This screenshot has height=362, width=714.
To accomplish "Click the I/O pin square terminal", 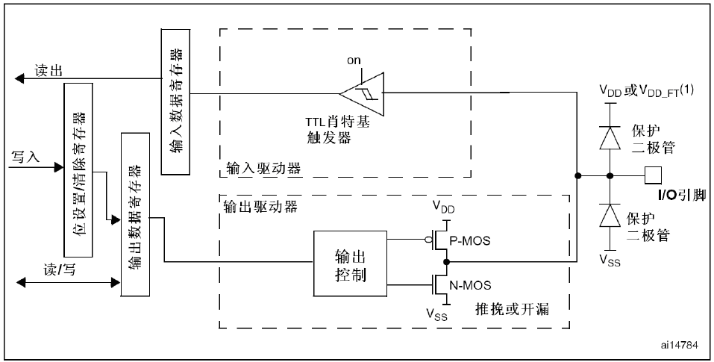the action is pyautogui.click(x=653, y=175).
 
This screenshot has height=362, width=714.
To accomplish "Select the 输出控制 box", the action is pyautogui.click(x=350, y=263).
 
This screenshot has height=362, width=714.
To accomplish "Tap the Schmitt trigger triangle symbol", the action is pyautogui.click(x=362, y=93).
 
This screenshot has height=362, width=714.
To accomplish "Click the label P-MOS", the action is pyautogui.click(x=470, y=240).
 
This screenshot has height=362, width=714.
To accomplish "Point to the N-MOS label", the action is pyautogui.click(x=470, y=285).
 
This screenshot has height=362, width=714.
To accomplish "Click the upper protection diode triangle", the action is pyautogui.click(x=610, y=137).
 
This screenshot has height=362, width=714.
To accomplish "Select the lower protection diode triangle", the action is pyautogui.click(x=610, y=215).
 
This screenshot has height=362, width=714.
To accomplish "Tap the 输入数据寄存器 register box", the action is pyautogui.click(x=176, y=102).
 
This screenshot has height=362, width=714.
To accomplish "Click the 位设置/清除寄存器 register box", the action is pyautogui.click(x=78, y=170).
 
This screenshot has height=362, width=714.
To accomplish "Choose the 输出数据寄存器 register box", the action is pyautogui.click(x=135, y=214).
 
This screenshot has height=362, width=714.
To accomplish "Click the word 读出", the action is pyautogui.click(x=48, y=70).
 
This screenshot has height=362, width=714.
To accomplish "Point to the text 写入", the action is pyautogui.click(x=25, y=157).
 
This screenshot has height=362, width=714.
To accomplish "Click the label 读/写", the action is pyautogui.click(x=60, y=270).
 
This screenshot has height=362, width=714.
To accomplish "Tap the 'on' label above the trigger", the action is pyautogui.click(x=354, y=60).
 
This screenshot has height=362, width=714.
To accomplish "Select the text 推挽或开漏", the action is pyautogui.click(x=513, y=309).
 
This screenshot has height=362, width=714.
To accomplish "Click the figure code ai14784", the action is pyautogui.click(x=680, y=345).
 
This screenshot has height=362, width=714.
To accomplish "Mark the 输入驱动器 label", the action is pyautogui.click(x=263, y=168).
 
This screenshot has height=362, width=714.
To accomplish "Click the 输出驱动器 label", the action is pyautogui.click(x=261, y=206).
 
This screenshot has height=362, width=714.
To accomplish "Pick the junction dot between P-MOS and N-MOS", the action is pyautogui.click(x=447, y=262).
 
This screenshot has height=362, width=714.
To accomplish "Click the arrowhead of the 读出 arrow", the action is pyautogui.click(x=19, y=79).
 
